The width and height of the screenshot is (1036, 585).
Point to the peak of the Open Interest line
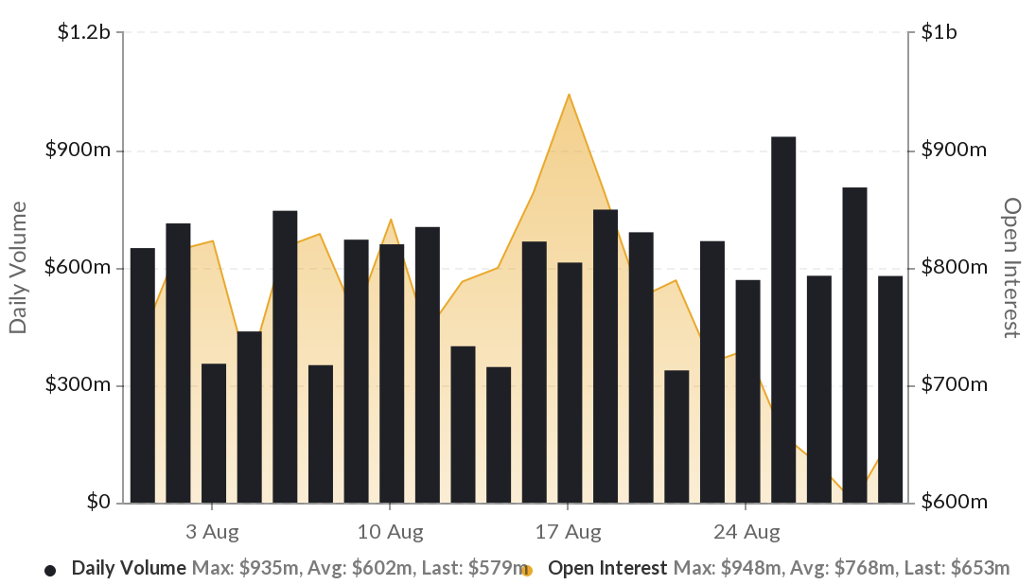569,95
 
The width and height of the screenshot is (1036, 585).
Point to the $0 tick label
98,502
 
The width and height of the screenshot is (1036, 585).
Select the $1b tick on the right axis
940,33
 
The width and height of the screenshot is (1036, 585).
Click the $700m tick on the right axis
954,385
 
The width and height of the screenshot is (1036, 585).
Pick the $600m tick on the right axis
954,502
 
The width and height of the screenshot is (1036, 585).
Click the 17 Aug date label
569,532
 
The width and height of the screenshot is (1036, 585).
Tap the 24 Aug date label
747,532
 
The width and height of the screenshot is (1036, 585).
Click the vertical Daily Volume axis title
17,268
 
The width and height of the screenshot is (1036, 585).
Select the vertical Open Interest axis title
1012,268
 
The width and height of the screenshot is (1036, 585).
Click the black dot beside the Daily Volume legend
50,570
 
